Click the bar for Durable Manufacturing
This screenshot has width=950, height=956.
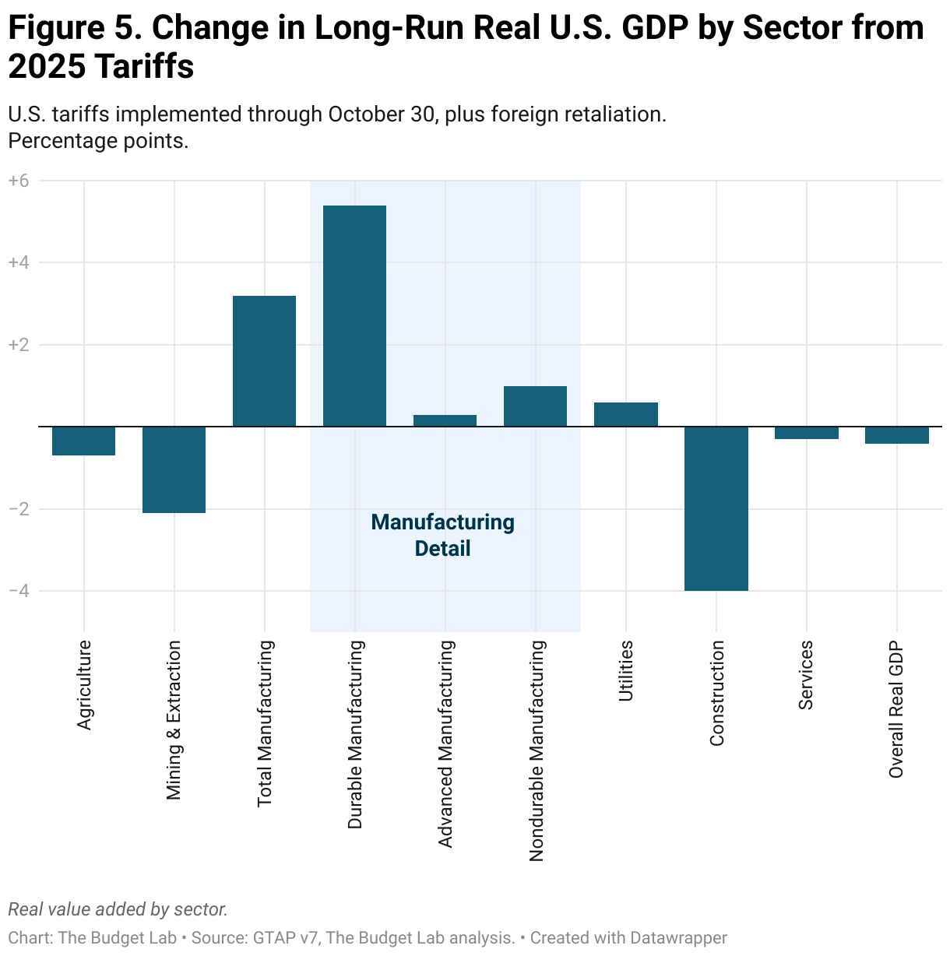[354, 315]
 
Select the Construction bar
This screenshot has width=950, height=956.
[716, 508]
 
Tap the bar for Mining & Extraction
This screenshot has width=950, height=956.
[174, 469]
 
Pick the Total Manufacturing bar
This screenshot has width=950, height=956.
[264, 360]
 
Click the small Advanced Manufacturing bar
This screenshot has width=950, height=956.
[445, 420]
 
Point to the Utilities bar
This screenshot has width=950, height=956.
[625, 414]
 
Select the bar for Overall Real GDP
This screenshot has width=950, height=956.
[896, 435]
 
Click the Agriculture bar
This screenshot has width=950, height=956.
[83, 441]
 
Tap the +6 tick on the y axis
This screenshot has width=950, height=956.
[19, 181]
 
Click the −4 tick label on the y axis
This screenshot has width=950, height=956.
[19, 591]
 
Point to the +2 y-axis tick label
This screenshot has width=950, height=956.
[19, 345]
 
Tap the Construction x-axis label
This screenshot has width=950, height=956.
[716, 693]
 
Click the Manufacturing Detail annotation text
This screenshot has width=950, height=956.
[442, 535]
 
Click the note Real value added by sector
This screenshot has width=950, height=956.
[118, 909]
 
